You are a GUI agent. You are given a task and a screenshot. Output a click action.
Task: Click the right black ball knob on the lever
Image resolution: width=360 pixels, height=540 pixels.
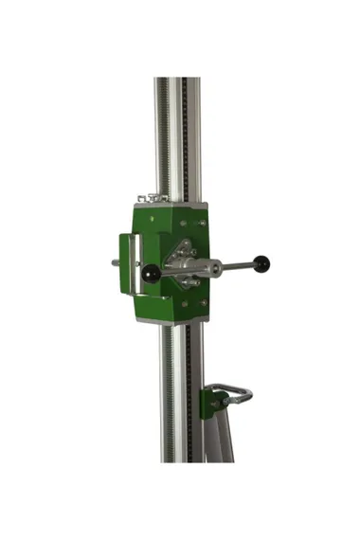click(261, 262)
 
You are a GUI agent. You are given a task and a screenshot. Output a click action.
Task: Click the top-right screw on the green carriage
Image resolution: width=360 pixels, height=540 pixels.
click(203, 223)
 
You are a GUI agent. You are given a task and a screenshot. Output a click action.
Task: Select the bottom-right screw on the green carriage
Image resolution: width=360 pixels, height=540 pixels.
click(203, 303)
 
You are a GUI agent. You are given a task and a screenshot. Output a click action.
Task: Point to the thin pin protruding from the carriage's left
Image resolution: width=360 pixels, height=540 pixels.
click(116, 262)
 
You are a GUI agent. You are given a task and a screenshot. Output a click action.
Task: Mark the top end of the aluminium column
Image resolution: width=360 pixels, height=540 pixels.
click(177, 81)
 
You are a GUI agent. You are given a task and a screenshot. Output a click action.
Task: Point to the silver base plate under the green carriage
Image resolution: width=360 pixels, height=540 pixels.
click(171, 319)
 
